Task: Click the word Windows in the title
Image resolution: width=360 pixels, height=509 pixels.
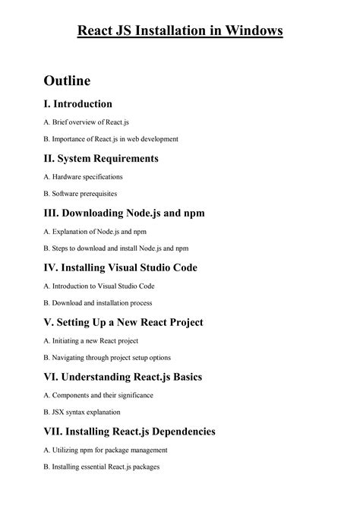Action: (253, 31)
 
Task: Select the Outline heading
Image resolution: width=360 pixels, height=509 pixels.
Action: (67, 80)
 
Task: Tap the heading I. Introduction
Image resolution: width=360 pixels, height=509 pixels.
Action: (77, 103)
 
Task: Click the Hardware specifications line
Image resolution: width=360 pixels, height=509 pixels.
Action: (83, 176)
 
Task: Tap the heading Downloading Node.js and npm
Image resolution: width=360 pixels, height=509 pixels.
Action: (124, 213)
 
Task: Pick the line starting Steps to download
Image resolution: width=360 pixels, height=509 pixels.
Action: (116, 248)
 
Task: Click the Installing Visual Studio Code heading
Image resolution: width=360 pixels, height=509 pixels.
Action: (120, 267)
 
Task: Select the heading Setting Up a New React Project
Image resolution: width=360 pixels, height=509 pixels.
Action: (123, 322)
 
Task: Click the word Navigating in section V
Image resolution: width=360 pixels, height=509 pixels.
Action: (71, 358)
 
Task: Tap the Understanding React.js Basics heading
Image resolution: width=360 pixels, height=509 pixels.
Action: (122, 377)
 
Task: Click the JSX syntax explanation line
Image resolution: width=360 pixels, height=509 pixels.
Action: (82, 413)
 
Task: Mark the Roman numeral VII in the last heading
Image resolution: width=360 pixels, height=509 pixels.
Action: (55, 432)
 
